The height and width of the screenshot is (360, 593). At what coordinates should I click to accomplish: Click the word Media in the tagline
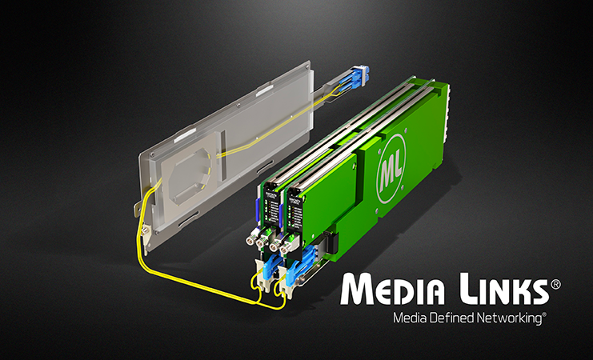coord(409,318)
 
